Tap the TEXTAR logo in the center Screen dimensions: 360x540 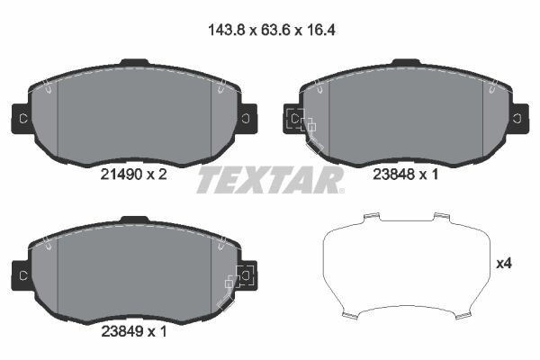click(270, 180)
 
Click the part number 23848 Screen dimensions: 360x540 click(392, 176)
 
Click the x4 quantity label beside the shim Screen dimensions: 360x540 click(504, 265)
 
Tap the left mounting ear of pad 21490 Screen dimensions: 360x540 click(22, 118)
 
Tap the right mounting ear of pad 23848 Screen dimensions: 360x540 click(517, 118)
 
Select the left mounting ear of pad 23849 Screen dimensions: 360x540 click(22, 272)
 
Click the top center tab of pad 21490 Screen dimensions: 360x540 click(135, 62)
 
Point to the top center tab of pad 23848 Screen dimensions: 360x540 click(405, 62)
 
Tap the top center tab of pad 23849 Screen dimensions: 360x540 click(135, 217)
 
